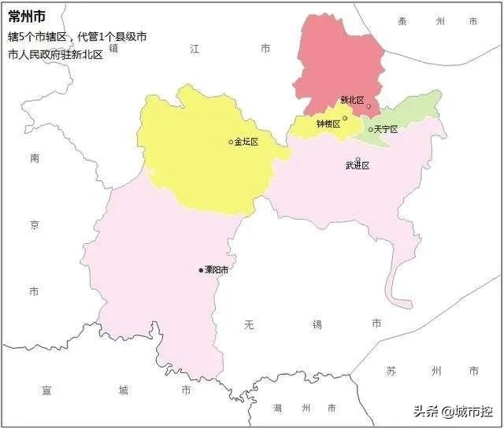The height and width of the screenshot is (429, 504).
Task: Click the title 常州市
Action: point(27,17)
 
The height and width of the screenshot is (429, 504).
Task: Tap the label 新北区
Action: point(351,100)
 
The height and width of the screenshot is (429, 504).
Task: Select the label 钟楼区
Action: point(328,124)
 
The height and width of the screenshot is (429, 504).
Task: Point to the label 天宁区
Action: point(386,129)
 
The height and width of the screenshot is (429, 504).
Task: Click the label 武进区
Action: point(358,165)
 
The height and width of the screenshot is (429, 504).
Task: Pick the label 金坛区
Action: point(246,142)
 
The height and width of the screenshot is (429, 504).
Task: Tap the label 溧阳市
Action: point(217,270)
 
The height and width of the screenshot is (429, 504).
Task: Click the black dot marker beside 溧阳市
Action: point(201,270)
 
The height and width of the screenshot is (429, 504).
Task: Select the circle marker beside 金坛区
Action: point(231,142)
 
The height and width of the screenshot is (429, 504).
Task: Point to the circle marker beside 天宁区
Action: point(371,129)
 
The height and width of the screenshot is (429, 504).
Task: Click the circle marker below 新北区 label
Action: point(369,106)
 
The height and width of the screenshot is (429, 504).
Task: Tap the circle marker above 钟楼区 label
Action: point(345,118)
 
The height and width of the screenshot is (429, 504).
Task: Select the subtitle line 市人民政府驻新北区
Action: point(56,54)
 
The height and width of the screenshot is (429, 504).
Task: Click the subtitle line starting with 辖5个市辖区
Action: point(77,36)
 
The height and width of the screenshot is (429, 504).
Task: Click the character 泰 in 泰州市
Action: point(402,22)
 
